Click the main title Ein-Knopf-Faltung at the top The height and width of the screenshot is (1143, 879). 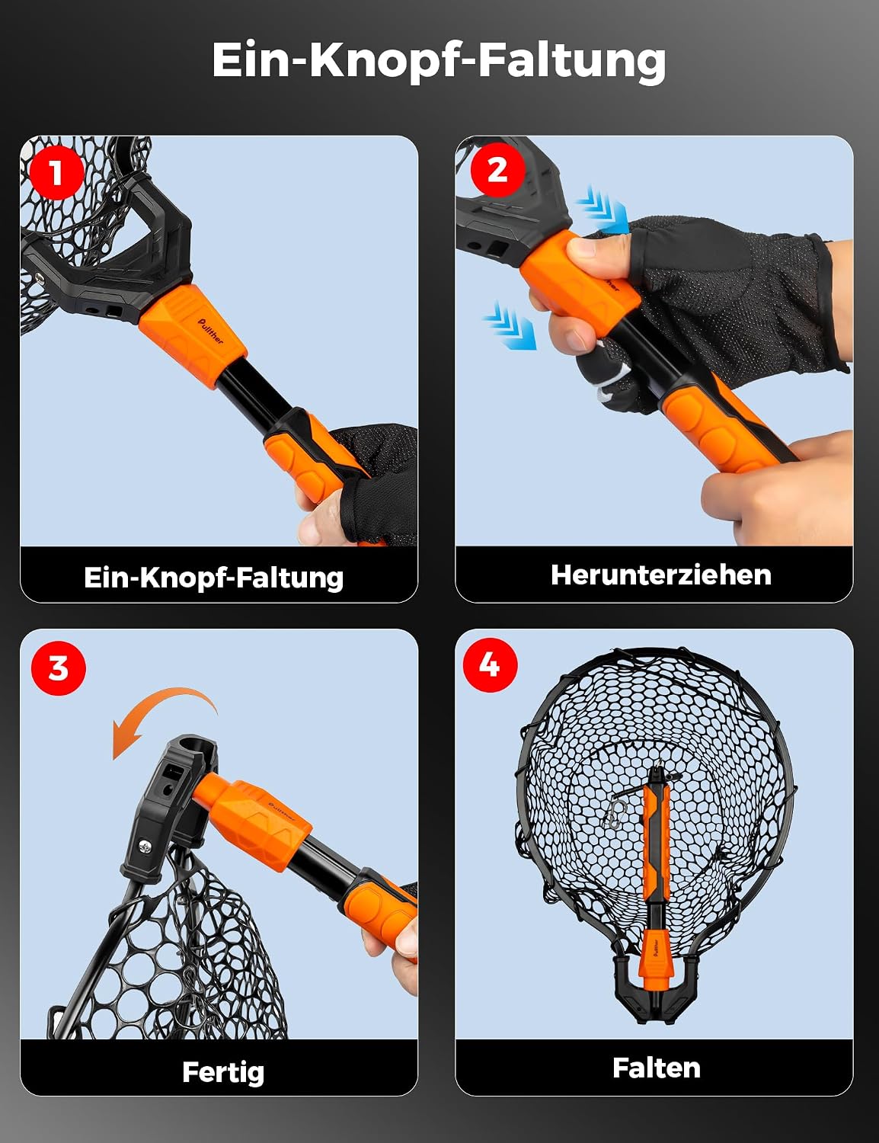439,60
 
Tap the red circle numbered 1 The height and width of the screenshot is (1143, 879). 56,171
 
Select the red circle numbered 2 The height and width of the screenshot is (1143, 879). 497,170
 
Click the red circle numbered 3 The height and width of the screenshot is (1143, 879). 59,668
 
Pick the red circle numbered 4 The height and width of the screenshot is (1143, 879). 490,665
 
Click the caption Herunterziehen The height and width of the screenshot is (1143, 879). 661,575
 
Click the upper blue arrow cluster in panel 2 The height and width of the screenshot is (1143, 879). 603,210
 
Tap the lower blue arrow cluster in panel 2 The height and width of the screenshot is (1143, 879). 510,325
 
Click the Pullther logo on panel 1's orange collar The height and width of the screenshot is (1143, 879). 210,331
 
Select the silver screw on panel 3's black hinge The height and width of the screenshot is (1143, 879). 145,847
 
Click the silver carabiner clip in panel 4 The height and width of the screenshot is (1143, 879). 615,814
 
